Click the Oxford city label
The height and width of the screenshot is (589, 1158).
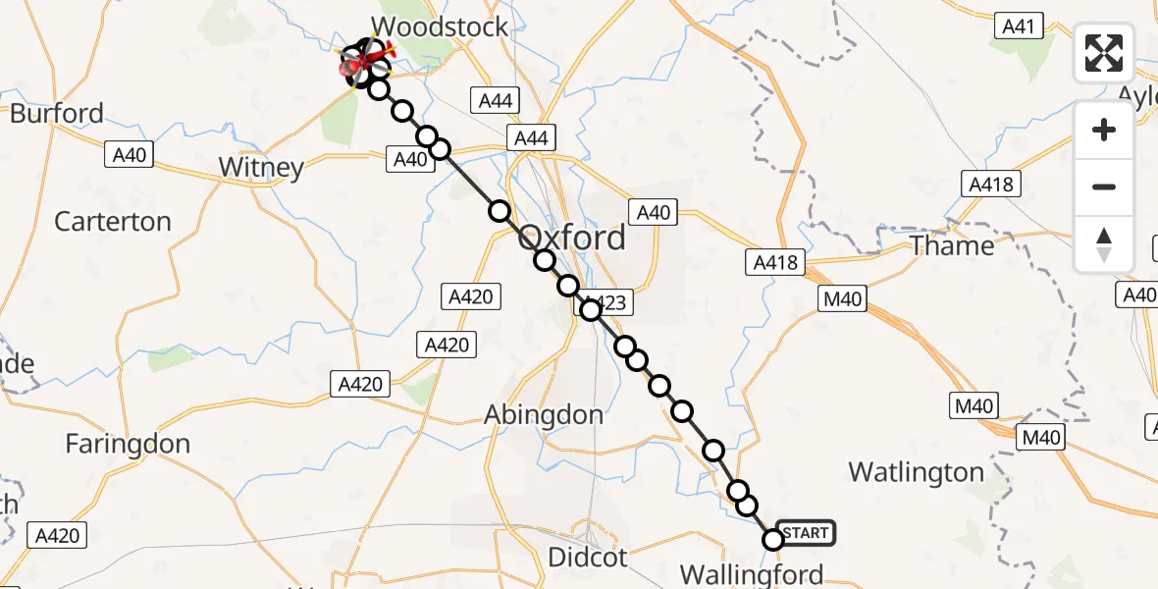click(x=570, y=238)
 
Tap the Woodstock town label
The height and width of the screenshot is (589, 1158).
click(x=441, y=27)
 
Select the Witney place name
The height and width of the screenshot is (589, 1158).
click(x=261, y=167)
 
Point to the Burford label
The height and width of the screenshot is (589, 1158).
click(x=56, y=113)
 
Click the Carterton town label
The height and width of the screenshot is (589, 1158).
click(x=113, y=221)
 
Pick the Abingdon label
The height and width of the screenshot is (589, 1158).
click(x=544, y=414)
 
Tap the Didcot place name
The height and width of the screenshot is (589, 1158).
click(x=588, y=558)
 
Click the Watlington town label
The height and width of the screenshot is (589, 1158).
click(x=916, y=472)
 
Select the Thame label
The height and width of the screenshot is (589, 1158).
click(x=952, y=244)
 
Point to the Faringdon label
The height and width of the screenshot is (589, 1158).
click(x=128, y=444)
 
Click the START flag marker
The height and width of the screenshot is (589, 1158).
click(x=806, y=533)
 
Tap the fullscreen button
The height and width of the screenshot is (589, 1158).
click(x=1104, y=53)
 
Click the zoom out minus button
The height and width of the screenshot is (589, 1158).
click(x=1104, y=187)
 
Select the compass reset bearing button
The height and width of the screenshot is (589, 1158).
click(x=1104, y=243)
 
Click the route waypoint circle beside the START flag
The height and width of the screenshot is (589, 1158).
click(x=773, y=539)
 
